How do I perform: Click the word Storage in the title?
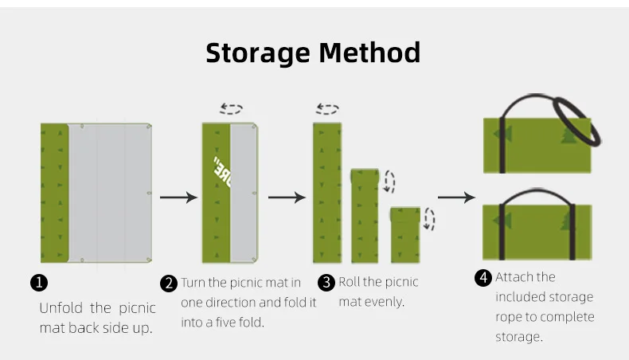click(258, 53)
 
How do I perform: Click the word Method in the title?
click(369, 53)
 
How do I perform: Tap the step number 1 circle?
click(39, 283)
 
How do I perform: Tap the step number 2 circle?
click(169, 284)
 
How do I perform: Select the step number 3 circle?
click(326, 283)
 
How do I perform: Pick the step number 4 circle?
click(483, 278)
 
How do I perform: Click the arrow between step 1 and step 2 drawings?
click(178, 198)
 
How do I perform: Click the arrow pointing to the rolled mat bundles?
click(456, 198)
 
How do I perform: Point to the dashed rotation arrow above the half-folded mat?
click(232, 109)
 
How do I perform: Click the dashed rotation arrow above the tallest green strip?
click(327, 109)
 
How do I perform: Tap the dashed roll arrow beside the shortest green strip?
click(430, 219)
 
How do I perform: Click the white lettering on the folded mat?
click(222, 172)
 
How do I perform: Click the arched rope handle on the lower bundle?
click(537, 190)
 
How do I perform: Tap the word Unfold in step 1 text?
click(61, 308)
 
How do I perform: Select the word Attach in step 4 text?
click(514, 277)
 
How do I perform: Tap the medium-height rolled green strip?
click(365, 216)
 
